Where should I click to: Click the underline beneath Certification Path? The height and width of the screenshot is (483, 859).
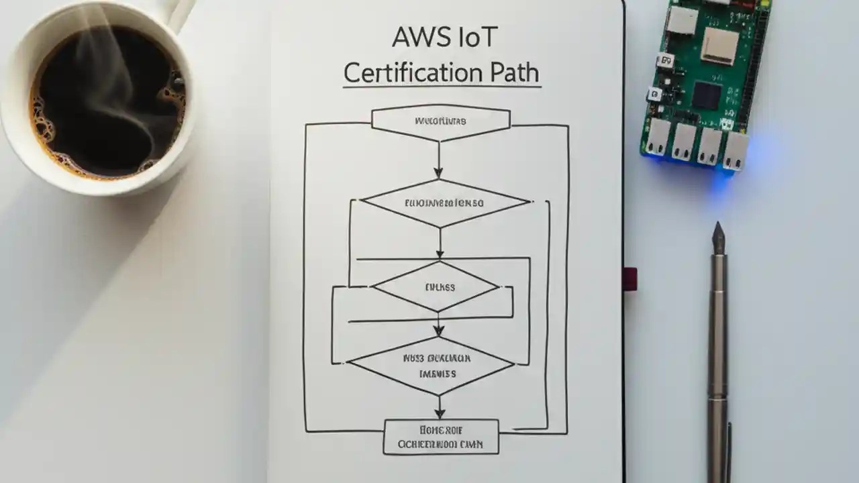(441, 86)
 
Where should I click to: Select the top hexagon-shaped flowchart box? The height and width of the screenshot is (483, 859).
(441, 122)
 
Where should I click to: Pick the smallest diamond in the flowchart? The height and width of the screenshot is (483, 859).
(437, 287)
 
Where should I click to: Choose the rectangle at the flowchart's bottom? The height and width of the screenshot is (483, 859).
(441, 437)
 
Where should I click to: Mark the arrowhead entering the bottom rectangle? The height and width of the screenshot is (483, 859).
(440, 413)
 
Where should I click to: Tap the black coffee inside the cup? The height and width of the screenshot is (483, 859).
(101, 101)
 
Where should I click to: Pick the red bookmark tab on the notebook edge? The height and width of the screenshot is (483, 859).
(629, 278)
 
